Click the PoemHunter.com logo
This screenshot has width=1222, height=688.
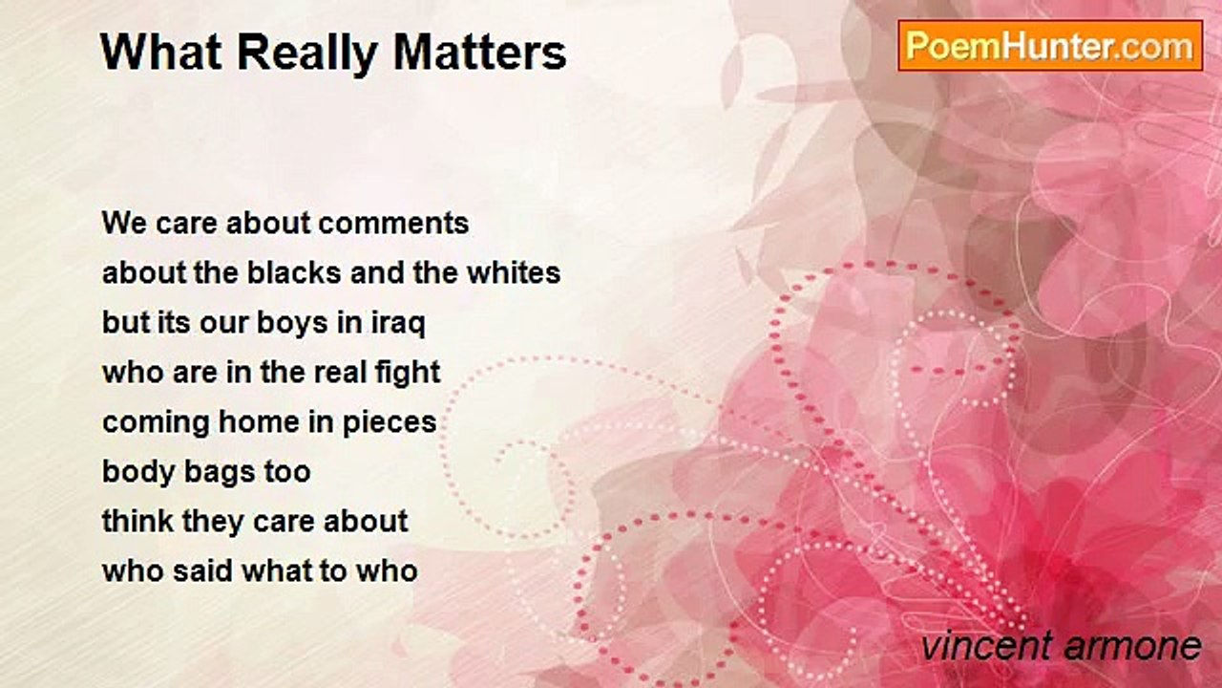[1050, 45]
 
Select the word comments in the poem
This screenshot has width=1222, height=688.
[393, 224]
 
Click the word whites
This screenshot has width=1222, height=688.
[513, 273]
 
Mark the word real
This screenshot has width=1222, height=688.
[337, 373]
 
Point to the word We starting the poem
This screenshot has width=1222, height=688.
[123, 224]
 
